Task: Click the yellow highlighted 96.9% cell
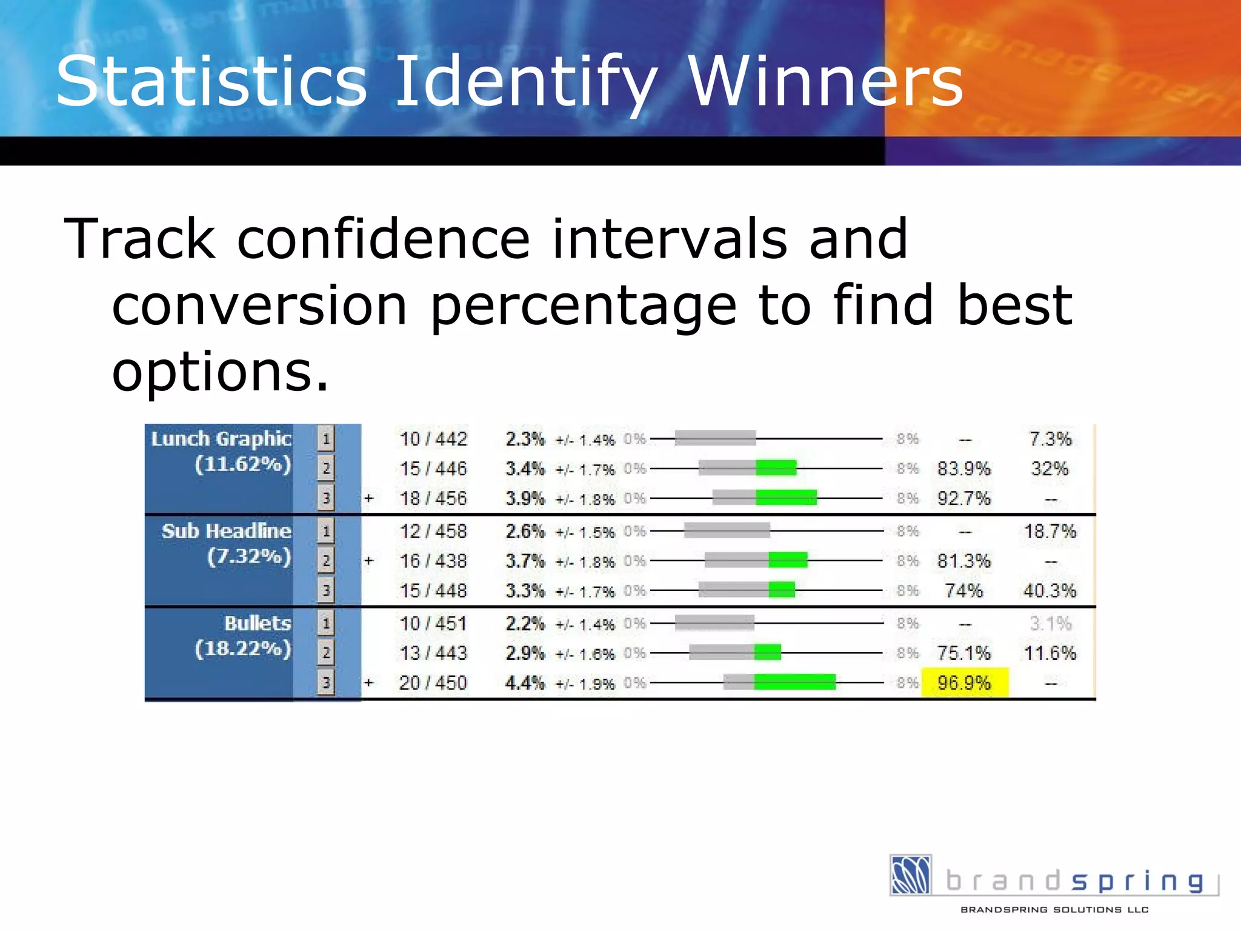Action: (x=964, y=683)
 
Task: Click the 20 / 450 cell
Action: (x=433, y=683)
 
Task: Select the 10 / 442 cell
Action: (x=433, y=439)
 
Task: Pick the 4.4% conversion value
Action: (x=525, y=683)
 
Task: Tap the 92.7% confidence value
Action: (x=963, y=499)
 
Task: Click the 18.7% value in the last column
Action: (x=1050, y=532)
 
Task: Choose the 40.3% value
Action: (x=1050, y=590)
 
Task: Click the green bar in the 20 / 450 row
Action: (x=794, y=682)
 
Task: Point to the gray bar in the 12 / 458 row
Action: (x=727, y=531)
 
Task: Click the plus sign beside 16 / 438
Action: (x=368, y=561)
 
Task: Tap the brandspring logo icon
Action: (x=910, y=875)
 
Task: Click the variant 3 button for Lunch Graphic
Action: (x=326, y=498)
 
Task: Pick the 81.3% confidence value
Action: (x=963, y=561)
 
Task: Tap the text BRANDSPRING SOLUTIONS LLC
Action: (x=1054, y=909)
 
